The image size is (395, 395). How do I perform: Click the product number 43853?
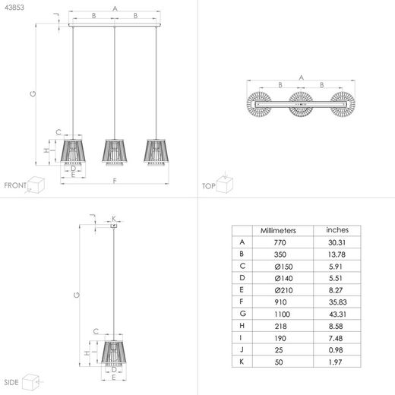(14, 8)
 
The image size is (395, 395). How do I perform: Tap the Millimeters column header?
(278, 230)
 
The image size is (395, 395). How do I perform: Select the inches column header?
(337, 230)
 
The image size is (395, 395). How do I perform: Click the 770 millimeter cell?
(280, 242)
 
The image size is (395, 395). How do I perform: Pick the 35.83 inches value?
(338, 302)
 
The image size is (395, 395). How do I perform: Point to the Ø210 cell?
(283, 290)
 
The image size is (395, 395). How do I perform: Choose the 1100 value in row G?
(282, 314)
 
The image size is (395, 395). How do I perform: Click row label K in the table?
(242, 362)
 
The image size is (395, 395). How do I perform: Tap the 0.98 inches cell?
(336, 350)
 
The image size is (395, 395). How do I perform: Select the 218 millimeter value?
(280, 326)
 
